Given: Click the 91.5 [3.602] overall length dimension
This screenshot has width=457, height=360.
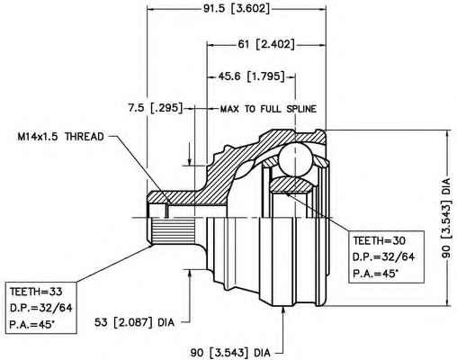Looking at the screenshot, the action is [x=237, y=8].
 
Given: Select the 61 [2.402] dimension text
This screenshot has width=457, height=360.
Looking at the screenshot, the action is [x=266, y=44].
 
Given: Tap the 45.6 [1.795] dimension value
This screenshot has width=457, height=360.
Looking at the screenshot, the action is [x=251, y=76].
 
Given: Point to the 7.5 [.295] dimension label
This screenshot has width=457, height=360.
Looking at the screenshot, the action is [x=156, y=108].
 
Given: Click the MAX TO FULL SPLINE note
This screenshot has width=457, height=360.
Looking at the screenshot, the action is [x=268, y=109].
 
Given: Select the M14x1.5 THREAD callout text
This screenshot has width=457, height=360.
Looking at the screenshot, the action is [x=61, y=137].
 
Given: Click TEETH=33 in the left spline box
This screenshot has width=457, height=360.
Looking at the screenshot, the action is [x=36, y=292].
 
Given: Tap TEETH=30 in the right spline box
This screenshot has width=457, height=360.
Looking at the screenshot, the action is [x=379, y=240].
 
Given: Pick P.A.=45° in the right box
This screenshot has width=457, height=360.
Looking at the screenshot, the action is [x=376, y=274].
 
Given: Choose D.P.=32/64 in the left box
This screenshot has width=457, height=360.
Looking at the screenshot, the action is [x=41, y=308].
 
